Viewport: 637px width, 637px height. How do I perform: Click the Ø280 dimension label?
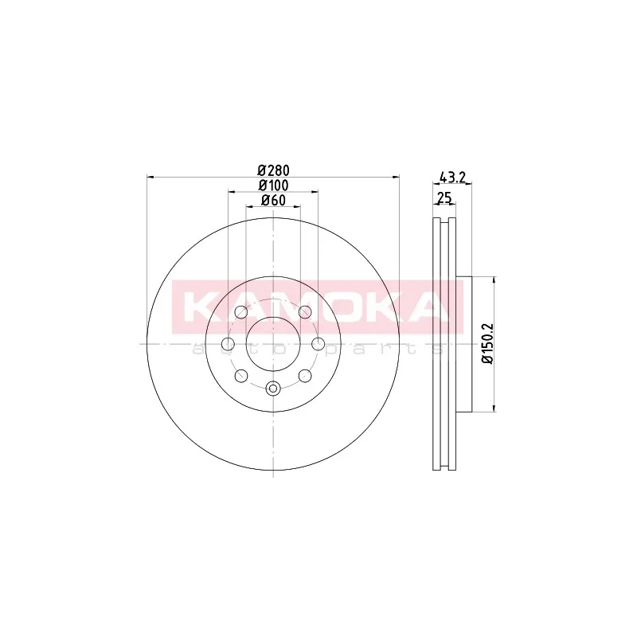pos(273,170)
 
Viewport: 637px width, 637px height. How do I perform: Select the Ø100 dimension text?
pos(273,186)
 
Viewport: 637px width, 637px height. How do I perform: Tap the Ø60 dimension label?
pos(273,201)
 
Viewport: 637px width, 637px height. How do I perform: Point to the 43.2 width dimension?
pos(452,177)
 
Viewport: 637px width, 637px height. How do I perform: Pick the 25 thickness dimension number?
pos(444,197)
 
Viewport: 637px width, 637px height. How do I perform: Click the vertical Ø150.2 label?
pos(487,344)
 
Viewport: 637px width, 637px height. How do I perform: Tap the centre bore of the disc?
pos(273,344)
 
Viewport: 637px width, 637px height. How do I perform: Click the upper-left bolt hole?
pos(241,312)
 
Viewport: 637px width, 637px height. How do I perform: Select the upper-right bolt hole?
pos(305,312)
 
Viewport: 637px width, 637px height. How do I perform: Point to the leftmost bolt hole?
pos(229,344)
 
